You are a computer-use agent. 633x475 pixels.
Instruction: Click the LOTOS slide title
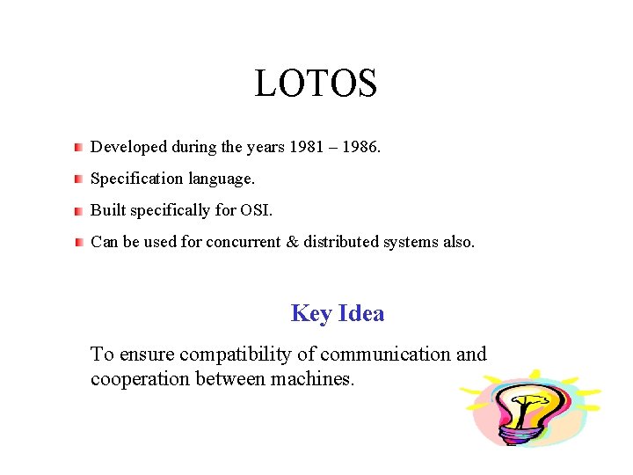[316, 84]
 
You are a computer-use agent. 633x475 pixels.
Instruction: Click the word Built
[106, 210]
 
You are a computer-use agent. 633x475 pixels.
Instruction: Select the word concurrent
[244, 242]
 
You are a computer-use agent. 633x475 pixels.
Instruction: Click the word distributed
[341, 242]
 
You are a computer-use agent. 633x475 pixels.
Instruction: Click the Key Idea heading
[337, 313]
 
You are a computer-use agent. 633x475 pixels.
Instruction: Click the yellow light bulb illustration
[527, 410]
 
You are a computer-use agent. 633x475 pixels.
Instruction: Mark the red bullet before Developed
[78, 146]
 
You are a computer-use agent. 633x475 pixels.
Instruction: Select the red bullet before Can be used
[78, 242]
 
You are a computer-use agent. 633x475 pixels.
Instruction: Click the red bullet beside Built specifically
[78, 211]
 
